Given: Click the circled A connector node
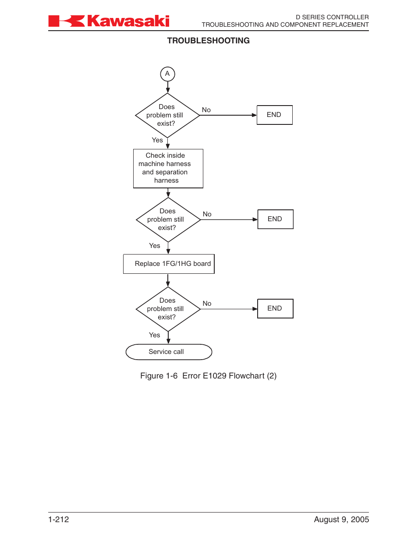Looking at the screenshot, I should tap(167, 74).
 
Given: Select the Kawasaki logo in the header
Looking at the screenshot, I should tap(109, 21).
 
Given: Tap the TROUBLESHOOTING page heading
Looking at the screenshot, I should tap(208, 41).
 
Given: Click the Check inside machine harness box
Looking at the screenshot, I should tap(168, 168).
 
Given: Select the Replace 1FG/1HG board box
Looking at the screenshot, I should tap(169, 264).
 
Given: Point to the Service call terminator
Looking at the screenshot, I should tap(169, 352).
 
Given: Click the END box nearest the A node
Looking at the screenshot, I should tap(274, 115).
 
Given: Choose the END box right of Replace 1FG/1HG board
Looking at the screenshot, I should tap(275, 219).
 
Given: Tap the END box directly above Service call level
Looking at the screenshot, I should tap(275, 308).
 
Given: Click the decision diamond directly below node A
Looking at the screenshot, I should tap(167, 115).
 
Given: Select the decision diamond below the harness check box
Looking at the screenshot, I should tap(168, 219).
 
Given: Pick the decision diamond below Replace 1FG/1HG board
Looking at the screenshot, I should tap(168, 309).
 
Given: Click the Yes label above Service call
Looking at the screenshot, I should tap(155, 335).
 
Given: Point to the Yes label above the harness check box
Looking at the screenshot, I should tap(157, 140).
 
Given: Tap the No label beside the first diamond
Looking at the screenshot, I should tap(206, 110).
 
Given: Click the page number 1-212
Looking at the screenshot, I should tap(59, 520).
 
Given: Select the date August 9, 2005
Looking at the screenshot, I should tap(341, 520).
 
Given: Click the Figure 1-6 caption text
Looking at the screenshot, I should tap(208, 376).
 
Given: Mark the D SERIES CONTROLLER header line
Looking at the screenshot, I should tap(332, 17).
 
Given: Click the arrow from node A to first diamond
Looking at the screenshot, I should tap(167, 87).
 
